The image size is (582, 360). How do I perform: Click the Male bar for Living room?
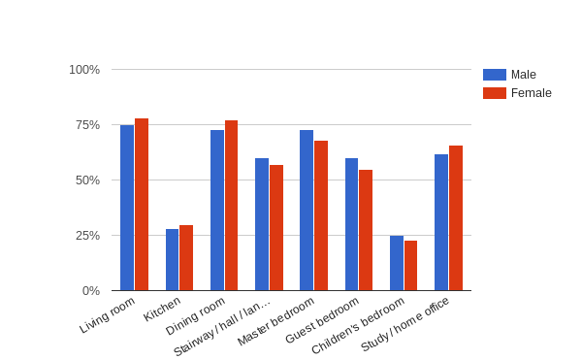127,208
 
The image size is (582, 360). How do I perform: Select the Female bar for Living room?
142,205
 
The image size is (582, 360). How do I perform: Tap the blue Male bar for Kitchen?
172,260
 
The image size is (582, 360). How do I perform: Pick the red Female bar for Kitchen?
186,258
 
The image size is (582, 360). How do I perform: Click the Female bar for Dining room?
231,206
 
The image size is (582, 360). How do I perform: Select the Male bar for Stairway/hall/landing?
262,224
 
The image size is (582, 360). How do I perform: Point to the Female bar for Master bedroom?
321,215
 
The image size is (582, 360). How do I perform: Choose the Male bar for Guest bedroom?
351,224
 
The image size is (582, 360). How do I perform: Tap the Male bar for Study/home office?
441,222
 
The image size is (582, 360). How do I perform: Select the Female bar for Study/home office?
456,218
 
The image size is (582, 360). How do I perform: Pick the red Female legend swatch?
495,93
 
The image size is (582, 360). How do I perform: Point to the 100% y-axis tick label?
84,70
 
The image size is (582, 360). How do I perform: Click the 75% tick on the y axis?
87,125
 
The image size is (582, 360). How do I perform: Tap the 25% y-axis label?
87,236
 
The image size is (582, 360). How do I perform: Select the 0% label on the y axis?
90,291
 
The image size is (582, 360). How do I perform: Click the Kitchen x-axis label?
163,309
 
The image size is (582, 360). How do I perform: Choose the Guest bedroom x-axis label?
323,320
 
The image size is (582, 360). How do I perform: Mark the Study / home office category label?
405,325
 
